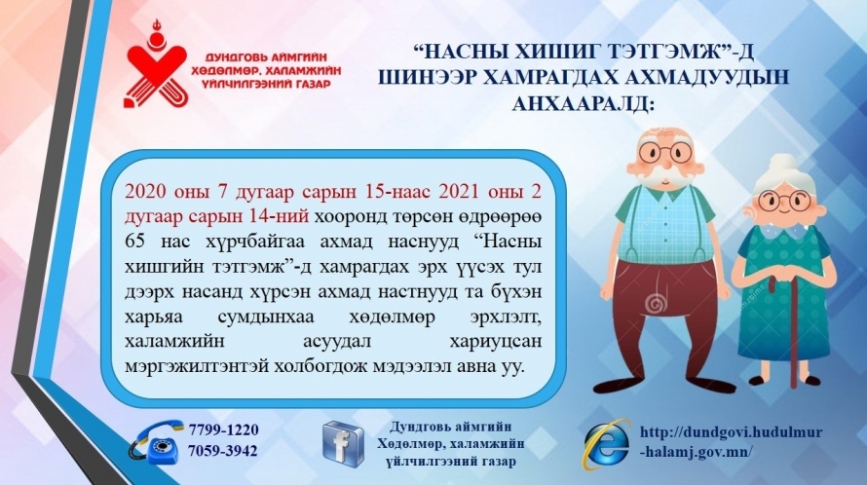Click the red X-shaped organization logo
pyautogui.click(x=157, y=65)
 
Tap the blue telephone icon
pyautogui.click(x=157, y=442)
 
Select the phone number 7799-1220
pyautogui.click(x=223, y=429)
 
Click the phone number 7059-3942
pyautogui.click(x=223, y=451)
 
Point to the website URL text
pyautogui.click(x=731, y=442)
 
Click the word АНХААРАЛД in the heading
pyautogui.click(x=583, y=103)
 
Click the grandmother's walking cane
pyautogui.click(x=792, y=326)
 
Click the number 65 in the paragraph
pyautogui.click(x=135, y=242)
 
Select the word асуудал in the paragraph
pyautogui.click(x=338, y=342)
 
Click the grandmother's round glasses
pyautogui.click(x=784, y=200)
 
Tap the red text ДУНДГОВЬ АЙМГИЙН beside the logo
pyautogui.click(x=266, y=56)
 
